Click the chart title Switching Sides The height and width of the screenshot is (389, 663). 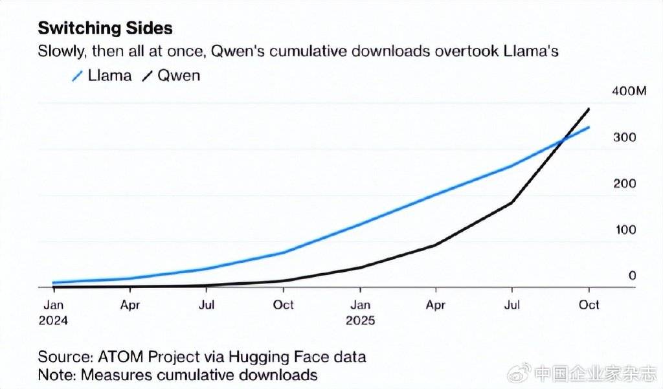[x=105, y=28]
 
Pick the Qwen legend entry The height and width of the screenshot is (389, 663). [x=171, y=76]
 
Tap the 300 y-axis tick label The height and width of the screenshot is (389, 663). [x=625, y=138]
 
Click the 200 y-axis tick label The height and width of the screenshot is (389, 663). [x=625, y=184]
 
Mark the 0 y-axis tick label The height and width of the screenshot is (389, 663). [x=633, y=276]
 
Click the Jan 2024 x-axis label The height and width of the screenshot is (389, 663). [x=54, y=311]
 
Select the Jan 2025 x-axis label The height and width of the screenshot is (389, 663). [x=360, y=311]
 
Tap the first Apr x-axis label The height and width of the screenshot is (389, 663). [x=130, y=304]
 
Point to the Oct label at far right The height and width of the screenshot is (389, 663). [x=589, y=304]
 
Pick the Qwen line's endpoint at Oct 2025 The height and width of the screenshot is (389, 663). [x=589, y=109]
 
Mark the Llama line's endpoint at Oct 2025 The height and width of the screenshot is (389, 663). [x=589, y=127]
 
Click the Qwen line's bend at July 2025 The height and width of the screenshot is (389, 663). [x=512, y=203]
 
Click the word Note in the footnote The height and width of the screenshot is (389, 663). [x=54, y=375]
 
